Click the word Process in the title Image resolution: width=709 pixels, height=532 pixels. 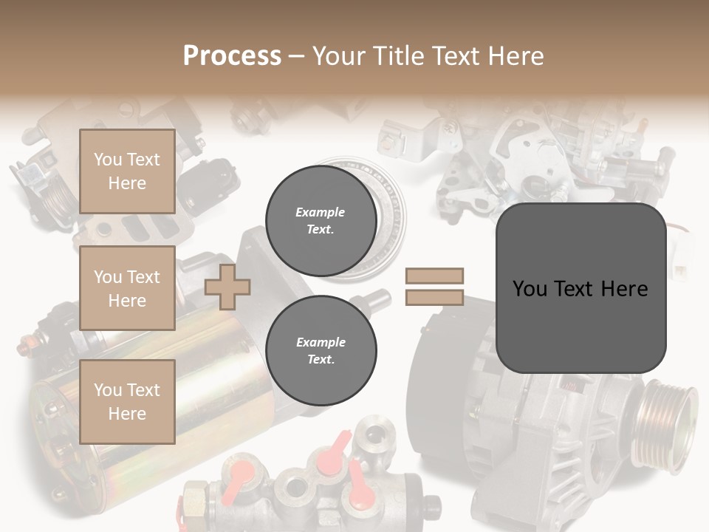(x=232, y=56)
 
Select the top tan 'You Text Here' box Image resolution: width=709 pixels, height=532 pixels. (x=127, y=171)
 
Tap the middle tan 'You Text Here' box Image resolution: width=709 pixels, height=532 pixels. (x=127, y=288)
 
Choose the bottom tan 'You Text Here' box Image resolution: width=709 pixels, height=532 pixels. (x=127, y=401)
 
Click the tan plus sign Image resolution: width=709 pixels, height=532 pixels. (x=227, y=287)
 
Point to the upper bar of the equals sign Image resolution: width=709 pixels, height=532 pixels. (x=434, y=276)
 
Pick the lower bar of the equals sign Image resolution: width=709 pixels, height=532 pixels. (x=434, y=298)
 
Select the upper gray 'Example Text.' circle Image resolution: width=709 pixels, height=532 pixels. (x=321, y=220)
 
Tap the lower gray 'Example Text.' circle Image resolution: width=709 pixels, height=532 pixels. (x=321, y=350)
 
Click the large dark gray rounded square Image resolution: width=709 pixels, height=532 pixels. (x=580, y=288)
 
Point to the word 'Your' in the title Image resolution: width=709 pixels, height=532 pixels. (x=338, y=56)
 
